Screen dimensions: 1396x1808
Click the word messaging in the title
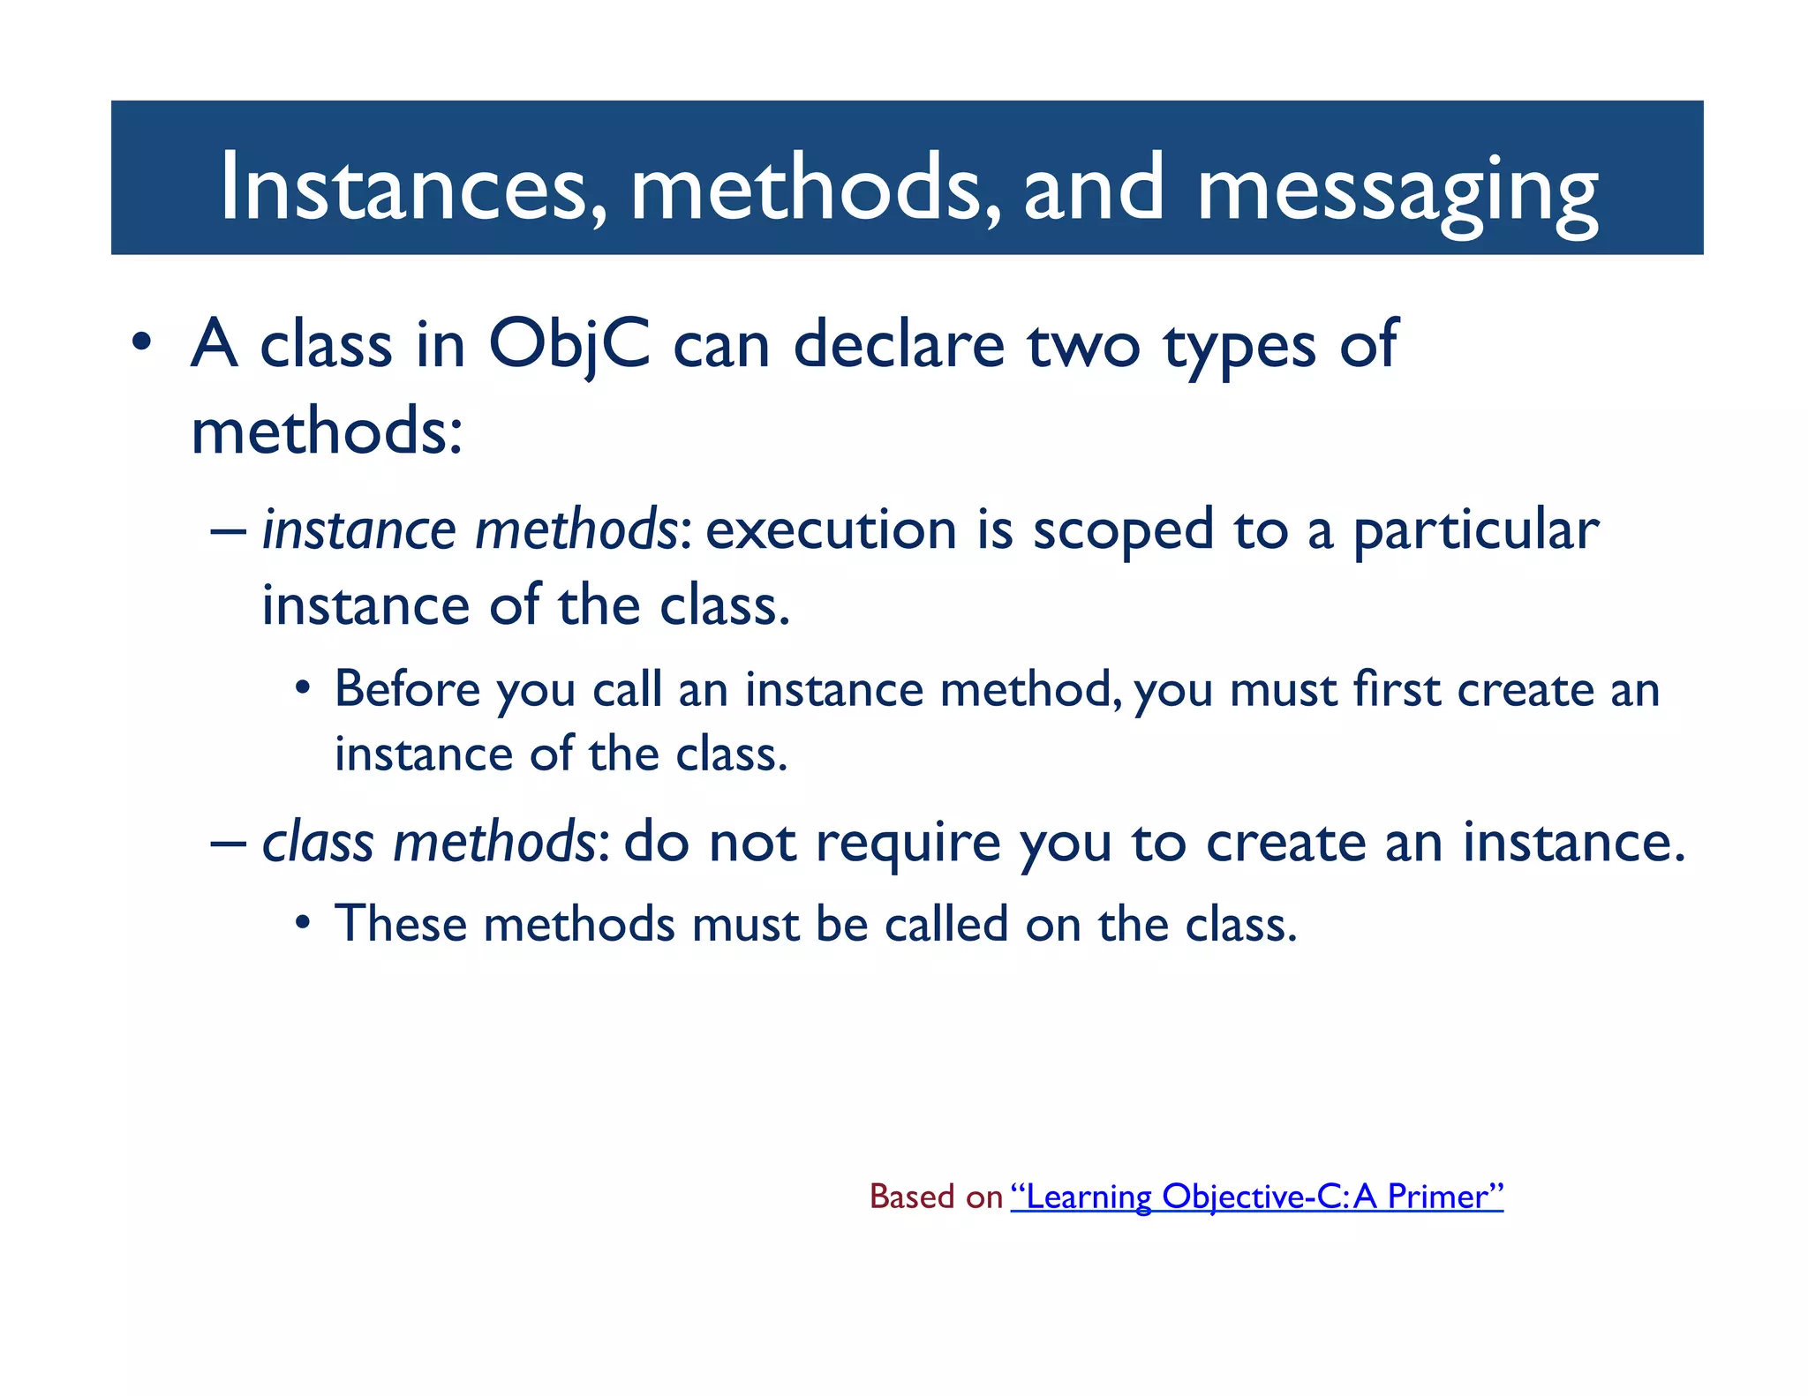tap(1397, 190)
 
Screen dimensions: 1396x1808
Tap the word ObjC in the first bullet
tap(569, 346)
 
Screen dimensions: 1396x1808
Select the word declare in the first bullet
tap(898, 344)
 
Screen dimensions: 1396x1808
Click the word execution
tap(831, 530)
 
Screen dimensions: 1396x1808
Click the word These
tap(400, 925)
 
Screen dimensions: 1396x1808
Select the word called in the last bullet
tap(945, 925)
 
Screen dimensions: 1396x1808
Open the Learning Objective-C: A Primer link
tap(1256, 1197)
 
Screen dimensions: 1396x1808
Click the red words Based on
tap(936, 1197)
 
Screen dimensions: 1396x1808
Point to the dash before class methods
tap(228, 843)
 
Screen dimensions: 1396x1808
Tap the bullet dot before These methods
tap(303, 924)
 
